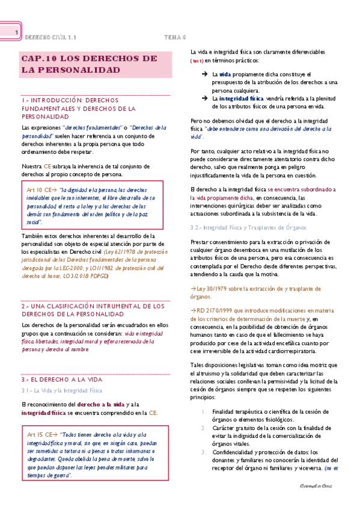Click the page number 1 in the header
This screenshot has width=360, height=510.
tap(17, 33)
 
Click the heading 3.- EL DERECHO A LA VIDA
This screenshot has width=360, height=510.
tap(63, 380)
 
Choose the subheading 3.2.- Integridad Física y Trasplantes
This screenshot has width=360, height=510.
tap(248, 228)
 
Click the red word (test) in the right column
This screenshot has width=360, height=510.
tap(197, 61)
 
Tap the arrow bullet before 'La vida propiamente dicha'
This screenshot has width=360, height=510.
tap(204, 73)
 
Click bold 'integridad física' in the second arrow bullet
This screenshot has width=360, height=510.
tap(240, 98)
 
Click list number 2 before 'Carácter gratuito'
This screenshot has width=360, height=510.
tap(206, 426)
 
